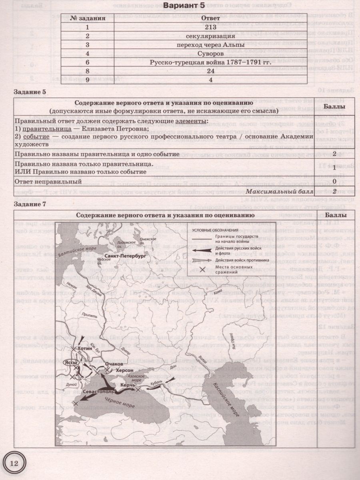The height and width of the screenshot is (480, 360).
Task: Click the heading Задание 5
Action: click(30, 92)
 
